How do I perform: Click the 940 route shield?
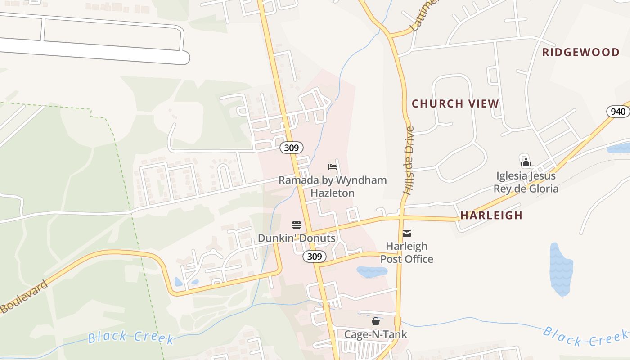point(618,112)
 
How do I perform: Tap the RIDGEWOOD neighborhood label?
point(581,53)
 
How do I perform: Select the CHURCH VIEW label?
point(455,104)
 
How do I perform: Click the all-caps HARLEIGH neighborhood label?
point(491,216)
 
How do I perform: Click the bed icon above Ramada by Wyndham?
point(333,167)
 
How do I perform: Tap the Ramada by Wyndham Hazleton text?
point(333,186)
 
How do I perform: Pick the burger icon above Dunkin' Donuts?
point(296,225)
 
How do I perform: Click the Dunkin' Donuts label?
point(297,238)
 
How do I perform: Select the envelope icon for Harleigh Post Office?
point(407,233)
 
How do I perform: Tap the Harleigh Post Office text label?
point(407,252)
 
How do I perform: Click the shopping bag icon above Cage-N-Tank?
point(376,321)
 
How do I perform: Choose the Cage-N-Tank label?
point(376,334)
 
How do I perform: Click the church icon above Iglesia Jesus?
point(526,162)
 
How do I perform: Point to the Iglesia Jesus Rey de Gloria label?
point(526,182)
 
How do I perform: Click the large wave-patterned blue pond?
point(561,269)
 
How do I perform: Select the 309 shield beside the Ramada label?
point(291,148)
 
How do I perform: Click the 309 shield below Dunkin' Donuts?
point(315,256)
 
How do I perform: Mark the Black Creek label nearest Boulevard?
point(130,337)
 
